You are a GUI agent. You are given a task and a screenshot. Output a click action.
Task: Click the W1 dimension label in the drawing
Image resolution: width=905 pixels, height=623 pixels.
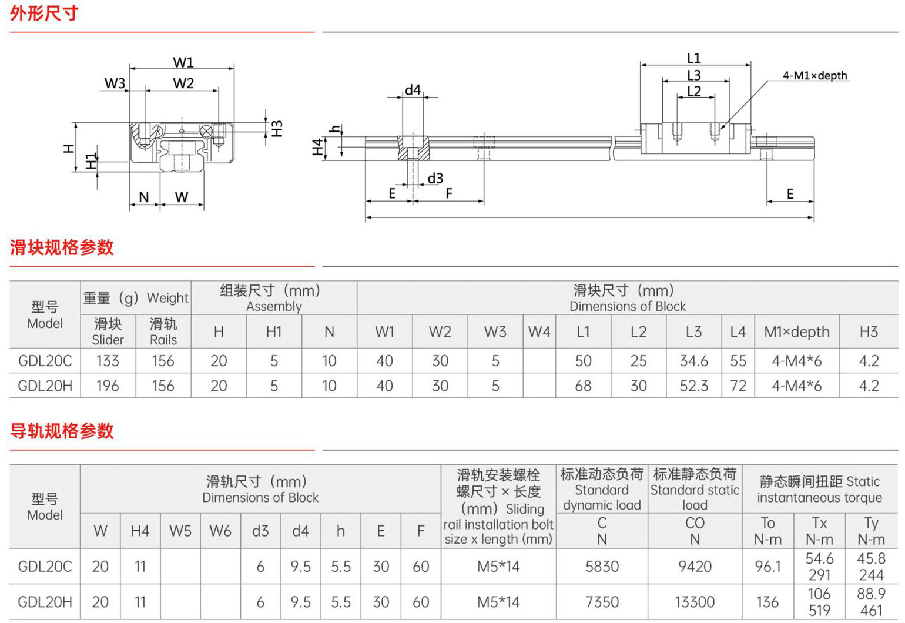pos(183,63)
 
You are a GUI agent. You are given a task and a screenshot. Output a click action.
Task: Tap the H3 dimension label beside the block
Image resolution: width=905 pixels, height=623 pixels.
pos(277,129)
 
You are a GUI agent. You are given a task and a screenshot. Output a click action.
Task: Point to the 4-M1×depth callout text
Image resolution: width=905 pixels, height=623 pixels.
pos(815,76)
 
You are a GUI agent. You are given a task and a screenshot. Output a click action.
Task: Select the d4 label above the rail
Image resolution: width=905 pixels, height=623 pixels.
pos(413,90)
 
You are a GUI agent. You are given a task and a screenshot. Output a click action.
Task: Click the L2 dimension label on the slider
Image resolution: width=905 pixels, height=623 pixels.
pos(693,91)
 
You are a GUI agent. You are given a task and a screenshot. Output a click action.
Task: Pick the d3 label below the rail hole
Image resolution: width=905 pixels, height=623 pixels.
pos(435,178)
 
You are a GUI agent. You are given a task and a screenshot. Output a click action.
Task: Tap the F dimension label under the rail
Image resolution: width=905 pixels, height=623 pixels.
pos(449,193)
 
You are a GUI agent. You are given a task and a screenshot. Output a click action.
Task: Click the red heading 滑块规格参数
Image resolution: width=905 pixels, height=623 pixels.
pos(62,247)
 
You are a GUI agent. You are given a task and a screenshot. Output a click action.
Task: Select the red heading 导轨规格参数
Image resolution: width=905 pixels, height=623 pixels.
pos(62,431)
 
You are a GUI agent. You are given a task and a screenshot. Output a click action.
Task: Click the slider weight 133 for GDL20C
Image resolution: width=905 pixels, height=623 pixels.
pos(108,361)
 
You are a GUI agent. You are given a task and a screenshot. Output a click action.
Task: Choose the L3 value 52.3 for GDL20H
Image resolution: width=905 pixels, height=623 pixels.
pos(693,386)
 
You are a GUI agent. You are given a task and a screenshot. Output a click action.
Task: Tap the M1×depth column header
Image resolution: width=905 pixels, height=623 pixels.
pos(797,331)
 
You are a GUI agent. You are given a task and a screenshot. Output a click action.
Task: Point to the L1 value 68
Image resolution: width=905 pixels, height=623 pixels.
pos(583,386)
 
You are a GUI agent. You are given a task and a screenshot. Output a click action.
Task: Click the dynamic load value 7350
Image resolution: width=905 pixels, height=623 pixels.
pos(602,602)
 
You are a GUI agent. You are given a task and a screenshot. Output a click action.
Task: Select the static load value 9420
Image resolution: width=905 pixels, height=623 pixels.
pos(695,567)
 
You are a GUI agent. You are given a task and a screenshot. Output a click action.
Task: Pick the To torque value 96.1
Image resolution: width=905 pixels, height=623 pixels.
pos(767,567)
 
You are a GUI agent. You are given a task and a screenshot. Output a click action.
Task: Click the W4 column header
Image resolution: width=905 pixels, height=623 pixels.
pos(539,331)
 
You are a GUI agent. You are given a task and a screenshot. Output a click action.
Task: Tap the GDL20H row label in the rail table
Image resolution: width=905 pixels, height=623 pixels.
pos(45,602)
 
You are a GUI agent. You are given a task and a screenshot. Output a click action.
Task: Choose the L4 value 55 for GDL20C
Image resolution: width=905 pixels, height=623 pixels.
pos(738,361)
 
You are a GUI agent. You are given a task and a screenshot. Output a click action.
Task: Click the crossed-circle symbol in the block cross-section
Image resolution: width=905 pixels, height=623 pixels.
pos(206,131)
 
